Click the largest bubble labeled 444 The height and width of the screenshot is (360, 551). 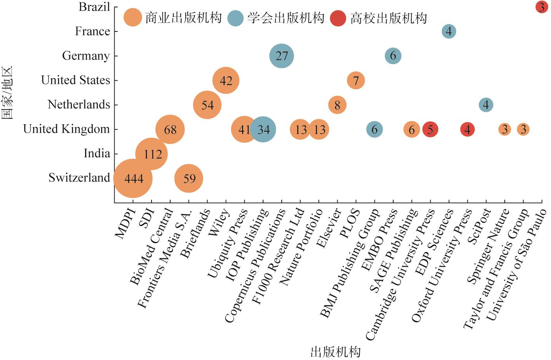click(x=133, y=178)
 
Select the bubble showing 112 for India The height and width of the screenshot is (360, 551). click(x=152, y=154)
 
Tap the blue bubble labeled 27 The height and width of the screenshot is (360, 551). click(x=282, y=56)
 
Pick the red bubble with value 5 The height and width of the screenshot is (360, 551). click(x=430, y=129)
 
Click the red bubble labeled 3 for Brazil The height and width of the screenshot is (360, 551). click(x=541, y=7)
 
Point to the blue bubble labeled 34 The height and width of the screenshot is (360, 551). click(x=263, y=129)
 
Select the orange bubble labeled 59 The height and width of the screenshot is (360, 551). click(x=189, y=178)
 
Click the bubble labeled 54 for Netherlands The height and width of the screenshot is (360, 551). click(x=207, y=105)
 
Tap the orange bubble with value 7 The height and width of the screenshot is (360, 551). click(x=356, y=80)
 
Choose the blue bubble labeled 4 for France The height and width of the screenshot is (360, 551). click(x=449, y=31)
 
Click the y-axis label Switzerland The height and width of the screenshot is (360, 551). click(x=79, y=178)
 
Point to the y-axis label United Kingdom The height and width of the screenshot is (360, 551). click(x=66, y=129)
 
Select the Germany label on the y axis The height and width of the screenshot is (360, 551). click(x=86, y=56)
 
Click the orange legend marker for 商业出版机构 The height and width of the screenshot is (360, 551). click(x=133, y=18)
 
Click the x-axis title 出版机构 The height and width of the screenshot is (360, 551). click(x=335, y=352)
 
